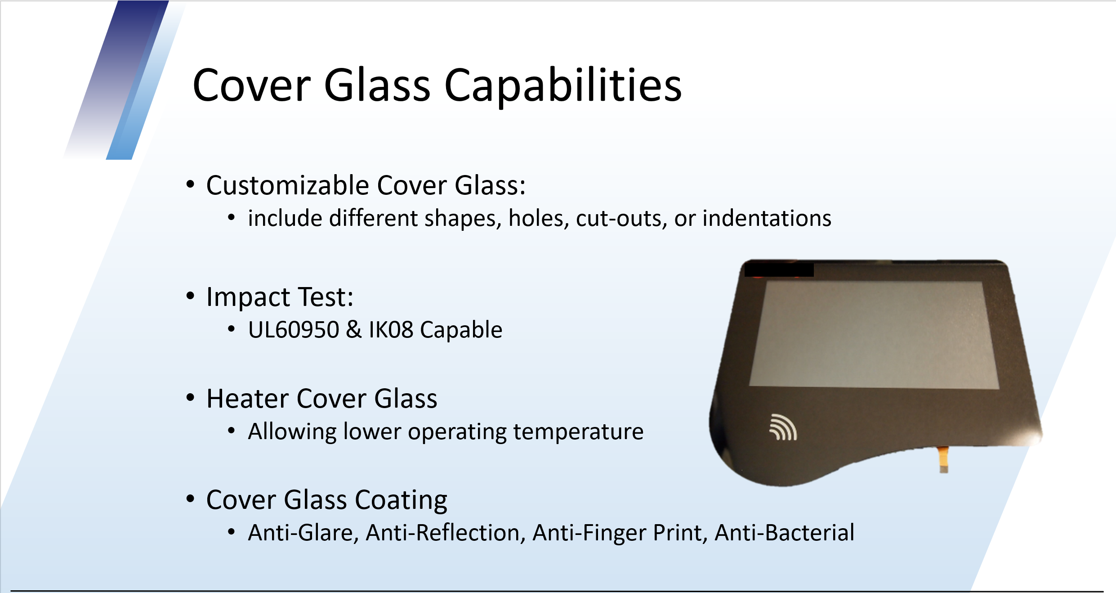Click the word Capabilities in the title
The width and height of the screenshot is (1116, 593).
[x=563, y=85]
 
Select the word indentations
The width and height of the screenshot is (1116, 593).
[x=767, y=218]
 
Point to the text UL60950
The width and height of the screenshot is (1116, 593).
[x=294, y=330]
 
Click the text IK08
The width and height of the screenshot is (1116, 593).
[x=391, y=330]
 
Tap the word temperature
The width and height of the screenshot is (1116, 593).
[x=578, y=432]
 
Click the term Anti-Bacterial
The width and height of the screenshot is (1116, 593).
[x=785, y=533]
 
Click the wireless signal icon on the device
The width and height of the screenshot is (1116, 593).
[x=783, y=427]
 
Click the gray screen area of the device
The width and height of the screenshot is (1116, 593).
[x=875, y=334]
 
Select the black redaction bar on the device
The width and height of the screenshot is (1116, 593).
[x=779, y=270]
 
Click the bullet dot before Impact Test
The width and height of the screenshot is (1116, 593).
[x=190, y=296]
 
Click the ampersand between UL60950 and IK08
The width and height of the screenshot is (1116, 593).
[x=354, y=330]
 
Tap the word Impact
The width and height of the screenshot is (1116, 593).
[x=249, y=297]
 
